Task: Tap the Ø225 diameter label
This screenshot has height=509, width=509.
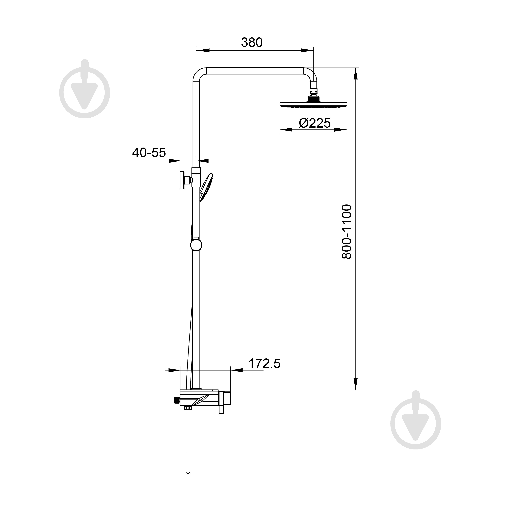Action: click(x=315, y=123)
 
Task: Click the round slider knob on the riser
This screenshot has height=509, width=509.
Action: click(x=196, y=245)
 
